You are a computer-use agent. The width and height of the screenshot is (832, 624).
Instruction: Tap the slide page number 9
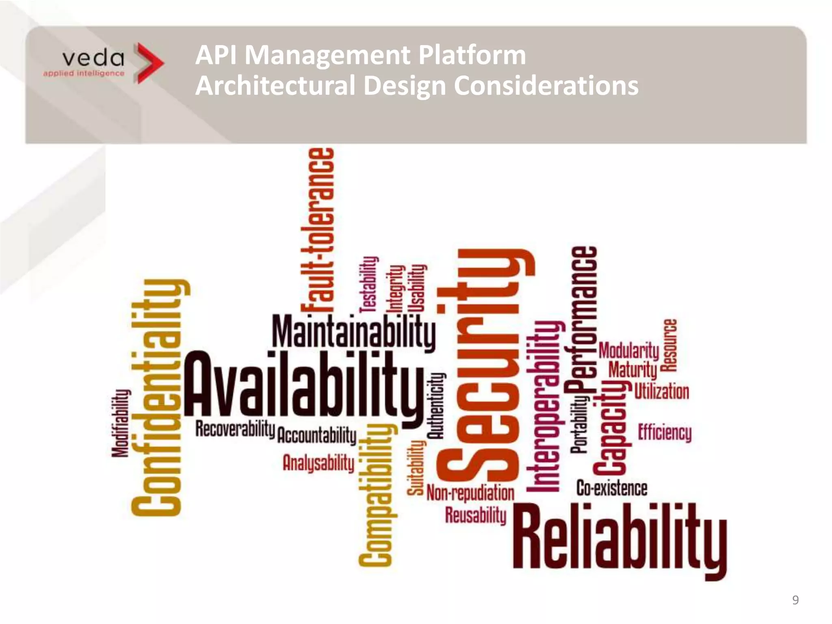[x=795, y=600]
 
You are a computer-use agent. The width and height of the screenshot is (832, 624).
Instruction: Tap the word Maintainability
[x=353, y=332]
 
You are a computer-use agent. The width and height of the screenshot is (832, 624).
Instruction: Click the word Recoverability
[x=235, y=429]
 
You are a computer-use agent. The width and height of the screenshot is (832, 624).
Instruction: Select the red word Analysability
[x=318, y=463]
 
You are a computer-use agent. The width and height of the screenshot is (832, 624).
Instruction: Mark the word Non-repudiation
[x=470, y=493]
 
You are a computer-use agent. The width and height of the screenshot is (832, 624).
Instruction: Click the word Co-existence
[x=612, y=488]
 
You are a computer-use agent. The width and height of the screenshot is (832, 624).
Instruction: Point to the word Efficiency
[x=665, y=432]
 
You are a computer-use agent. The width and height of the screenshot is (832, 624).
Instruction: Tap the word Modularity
[x=629, y=350]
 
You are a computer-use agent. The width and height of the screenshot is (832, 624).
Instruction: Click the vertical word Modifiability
[x=121, y=423]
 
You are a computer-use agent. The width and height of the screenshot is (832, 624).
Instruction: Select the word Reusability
[x=476, y=515]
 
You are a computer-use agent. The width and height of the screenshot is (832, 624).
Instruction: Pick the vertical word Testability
[x=369, y=284]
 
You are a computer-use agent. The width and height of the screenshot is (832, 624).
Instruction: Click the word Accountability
[x=316, y=435]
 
